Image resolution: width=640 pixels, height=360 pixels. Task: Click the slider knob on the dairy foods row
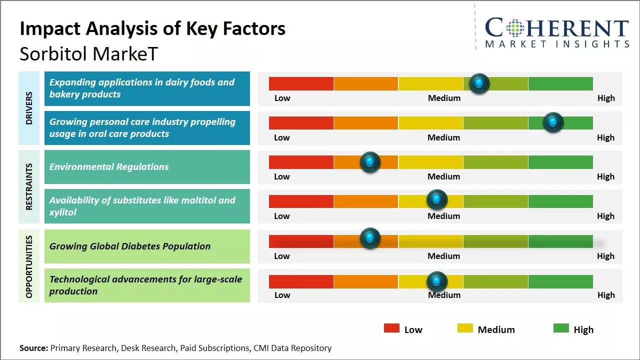(479, 83)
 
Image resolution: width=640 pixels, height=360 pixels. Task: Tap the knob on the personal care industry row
(553, 122)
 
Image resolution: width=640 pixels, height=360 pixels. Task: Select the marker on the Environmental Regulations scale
(370, 162)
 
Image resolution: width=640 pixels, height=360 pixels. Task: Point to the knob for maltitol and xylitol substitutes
(437, 200)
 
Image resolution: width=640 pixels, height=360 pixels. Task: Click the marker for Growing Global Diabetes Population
(370, 238)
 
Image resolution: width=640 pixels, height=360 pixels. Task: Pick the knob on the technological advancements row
(437, 282)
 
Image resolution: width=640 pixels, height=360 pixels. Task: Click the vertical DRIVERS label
(29, 108)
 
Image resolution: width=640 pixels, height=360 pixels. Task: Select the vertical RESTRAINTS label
(29, 186)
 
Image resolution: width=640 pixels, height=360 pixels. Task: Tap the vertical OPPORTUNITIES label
(29, 266)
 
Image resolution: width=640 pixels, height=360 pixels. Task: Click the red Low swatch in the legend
(391, 328)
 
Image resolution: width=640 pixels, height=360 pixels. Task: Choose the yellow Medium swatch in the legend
(465, 328)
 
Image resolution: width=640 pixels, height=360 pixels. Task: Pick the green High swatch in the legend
(561, 328)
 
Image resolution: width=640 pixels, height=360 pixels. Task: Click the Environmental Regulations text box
(147, 167)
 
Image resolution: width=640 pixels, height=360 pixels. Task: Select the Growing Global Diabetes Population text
(130, 246)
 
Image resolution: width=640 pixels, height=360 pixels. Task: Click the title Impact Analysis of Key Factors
(152, 29)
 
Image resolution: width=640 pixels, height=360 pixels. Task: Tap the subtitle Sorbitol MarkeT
(88, 53)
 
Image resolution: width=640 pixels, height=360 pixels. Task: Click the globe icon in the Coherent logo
(514, 28)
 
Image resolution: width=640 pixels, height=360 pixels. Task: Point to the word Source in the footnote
(33, 348)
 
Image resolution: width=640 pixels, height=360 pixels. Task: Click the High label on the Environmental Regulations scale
(605, 176)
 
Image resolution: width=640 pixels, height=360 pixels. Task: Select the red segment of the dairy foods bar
(301, 83)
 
